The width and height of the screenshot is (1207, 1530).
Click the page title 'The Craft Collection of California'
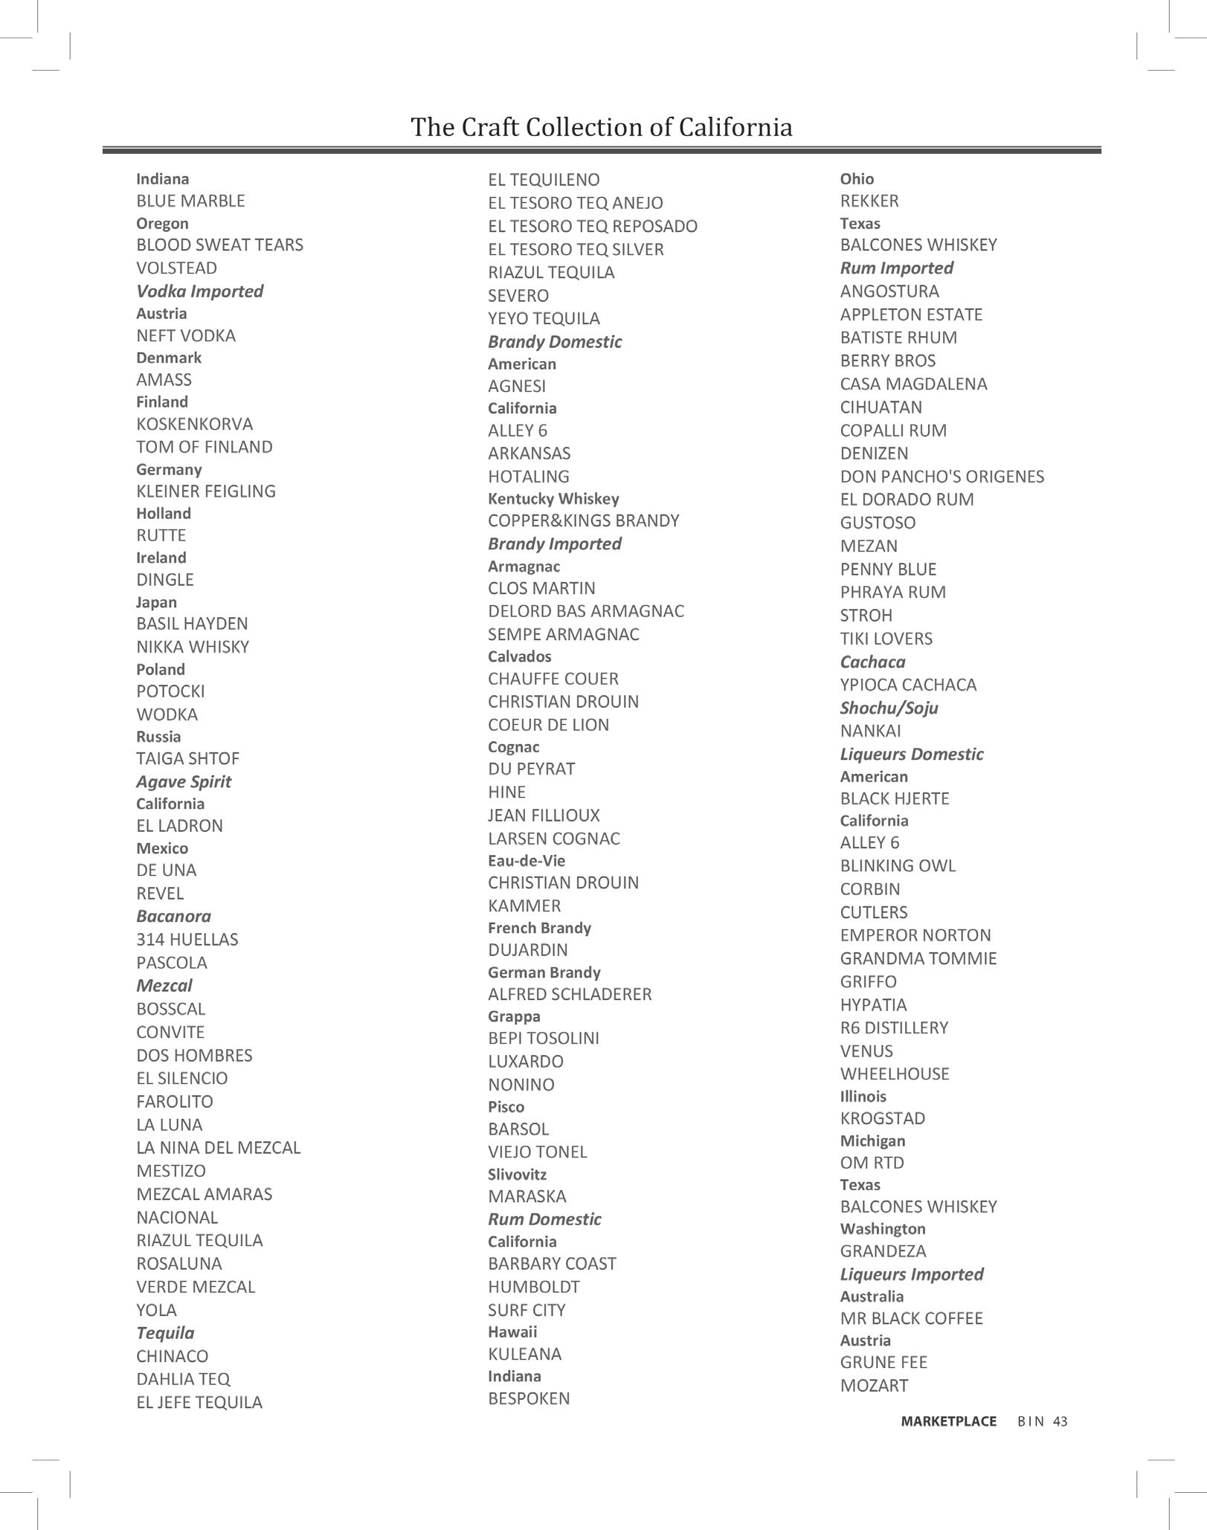tap(602, 127)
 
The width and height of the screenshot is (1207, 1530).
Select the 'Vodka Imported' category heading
tap(199, 291)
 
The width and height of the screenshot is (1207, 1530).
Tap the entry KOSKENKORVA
tap(194, 424)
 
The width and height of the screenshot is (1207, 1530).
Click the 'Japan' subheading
tap(156, 601)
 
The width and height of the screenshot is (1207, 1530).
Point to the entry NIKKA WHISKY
tap(193, 647)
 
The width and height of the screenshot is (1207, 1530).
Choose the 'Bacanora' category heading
tap(173, 916)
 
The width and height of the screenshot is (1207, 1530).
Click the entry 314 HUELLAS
tap(187, 939)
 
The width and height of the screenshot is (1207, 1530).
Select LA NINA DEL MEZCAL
tap(218, 1147)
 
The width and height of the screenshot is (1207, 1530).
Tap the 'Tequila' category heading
tap(165, 1333)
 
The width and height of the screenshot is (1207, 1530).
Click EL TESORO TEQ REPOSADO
tap(593, 226)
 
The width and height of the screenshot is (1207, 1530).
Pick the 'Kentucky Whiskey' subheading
tap(553, 498)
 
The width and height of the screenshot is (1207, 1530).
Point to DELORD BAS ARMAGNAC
tap(586, 611)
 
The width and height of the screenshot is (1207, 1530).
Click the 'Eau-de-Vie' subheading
tap(527, 860)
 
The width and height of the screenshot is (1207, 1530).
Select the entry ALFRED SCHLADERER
tap(570, 994)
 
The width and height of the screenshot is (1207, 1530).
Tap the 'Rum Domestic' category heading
tap(544, 1219)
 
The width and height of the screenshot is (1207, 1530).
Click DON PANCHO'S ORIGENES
tap(942, 477)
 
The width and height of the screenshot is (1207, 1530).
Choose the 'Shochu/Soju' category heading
tap(889, 708)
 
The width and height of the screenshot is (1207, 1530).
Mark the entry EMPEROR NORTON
tap(915, 935)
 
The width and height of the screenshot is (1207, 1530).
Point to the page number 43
tap(1060, 1421)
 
